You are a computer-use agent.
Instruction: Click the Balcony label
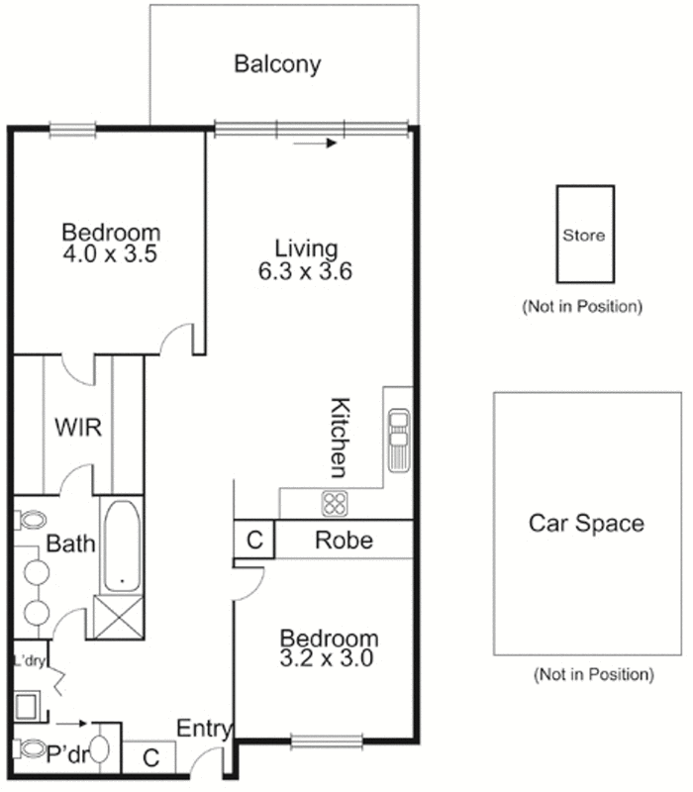point(277,64)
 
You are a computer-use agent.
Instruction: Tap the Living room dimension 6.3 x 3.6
point(306,269)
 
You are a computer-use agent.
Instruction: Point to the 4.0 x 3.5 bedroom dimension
point(110,253)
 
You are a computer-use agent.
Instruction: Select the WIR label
point(78,428)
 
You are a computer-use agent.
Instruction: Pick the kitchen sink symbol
point(398,441)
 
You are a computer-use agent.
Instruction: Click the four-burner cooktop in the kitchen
point(335,502)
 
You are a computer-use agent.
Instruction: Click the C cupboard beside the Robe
point(254,541)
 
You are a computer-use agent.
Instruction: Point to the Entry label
point(204,731)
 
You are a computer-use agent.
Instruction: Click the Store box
point(583,236)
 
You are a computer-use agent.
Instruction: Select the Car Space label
point(586,523)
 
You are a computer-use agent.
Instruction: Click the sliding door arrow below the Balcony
point(317,144)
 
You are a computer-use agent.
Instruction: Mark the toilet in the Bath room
point(33,520)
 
